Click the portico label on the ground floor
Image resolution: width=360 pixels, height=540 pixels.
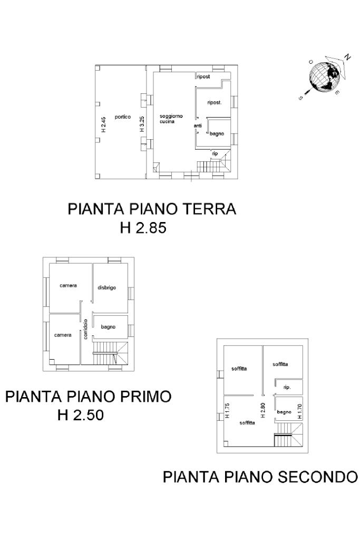click(123, 117)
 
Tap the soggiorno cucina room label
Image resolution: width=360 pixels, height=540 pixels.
click(171, 119)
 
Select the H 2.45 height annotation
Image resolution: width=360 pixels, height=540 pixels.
click(104, 124)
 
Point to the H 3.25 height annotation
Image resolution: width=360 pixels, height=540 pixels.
click(142, 124)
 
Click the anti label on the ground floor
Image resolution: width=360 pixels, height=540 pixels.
click(198, 126)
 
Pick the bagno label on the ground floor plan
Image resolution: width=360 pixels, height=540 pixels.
click(217, 133)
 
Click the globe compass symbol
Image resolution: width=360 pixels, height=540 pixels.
click(324, 77)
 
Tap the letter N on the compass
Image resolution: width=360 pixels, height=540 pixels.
click(347, 57)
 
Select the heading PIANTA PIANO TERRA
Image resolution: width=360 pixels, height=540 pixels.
click(152, 209)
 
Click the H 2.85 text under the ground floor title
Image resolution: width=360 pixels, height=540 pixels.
click(143, 228)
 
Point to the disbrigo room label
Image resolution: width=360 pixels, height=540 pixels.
click(106, 287)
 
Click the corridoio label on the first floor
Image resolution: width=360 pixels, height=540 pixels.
click(85, 329)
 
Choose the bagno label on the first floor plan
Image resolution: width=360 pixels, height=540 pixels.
click(108, 327)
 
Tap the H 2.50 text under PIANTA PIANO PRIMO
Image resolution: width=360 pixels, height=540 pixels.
click(81, 414)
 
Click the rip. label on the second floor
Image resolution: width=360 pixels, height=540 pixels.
click(287, 388)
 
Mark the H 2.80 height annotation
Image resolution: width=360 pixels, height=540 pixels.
click(263, 410)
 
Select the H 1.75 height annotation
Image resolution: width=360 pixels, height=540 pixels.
click(227, 411)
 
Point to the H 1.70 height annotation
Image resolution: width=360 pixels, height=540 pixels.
click(300, 411)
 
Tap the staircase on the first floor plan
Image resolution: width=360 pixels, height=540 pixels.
click(110, 353)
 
